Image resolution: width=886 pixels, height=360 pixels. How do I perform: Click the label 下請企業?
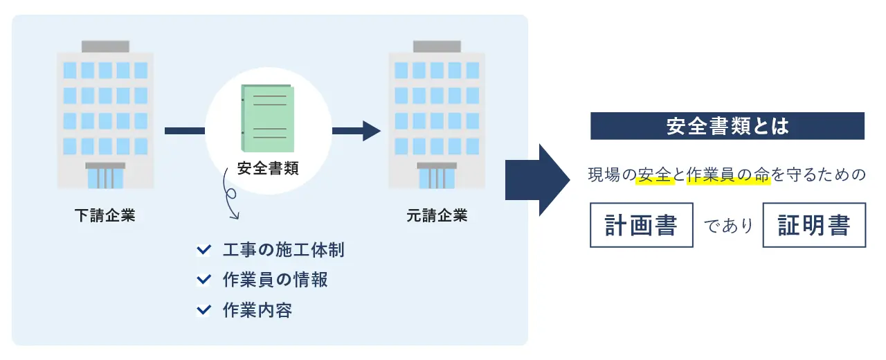pyautogui.click(x=105, y=215)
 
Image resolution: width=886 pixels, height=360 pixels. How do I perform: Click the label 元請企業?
pyautogui.click(x=437, y=215)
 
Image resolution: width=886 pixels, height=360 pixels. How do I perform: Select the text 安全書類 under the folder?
pyautogui.click(x=268, y=168)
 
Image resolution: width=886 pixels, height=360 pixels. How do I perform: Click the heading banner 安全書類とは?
pyautogui.click(x=727, y=126)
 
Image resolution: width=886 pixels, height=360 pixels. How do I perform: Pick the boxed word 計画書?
pyautogui.click(x=641, y=225)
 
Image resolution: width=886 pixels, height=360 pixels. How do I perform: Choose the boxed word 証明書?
pyautogui.click(x=814, y=225)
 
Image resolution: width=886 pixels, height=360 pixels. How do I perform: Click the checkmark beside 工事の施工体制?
pyautogui.click(x=204, y=250)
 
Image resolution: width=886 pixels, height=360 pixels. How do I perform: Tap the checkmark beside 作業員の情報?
pyautogui.click(x=204, y=280)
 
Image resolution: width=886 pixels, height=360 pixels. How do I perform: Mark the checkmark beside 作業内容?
pyautogui.click(x=204, y=309)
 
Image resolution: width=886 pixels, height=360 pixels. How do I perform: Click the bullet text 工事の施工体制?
pyautogui.click(x=283, y=250)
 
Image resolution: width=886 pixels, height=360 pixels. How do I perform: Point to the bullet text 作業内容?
pyautogui.click(x=257, y=309)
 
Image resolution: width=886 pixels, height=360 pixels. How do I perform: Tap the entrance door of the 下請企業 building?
pyautogui.click(x=105, y=177)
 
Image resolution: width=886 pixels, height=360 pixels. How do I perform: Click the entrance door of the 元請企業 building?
pyautogui.click(x=437, y=177)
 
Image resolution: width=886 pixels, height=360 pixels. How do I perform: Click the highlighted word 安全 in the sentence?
pyautogui.click(x=654, y=176)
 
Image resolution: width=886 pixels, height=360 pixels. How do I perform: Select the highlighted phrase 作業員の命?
pyautogui.click(x=727, y=176)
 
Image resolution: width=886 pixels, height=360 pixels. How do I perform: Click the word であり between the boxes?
pyautogui.click(x=727, y=226)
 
